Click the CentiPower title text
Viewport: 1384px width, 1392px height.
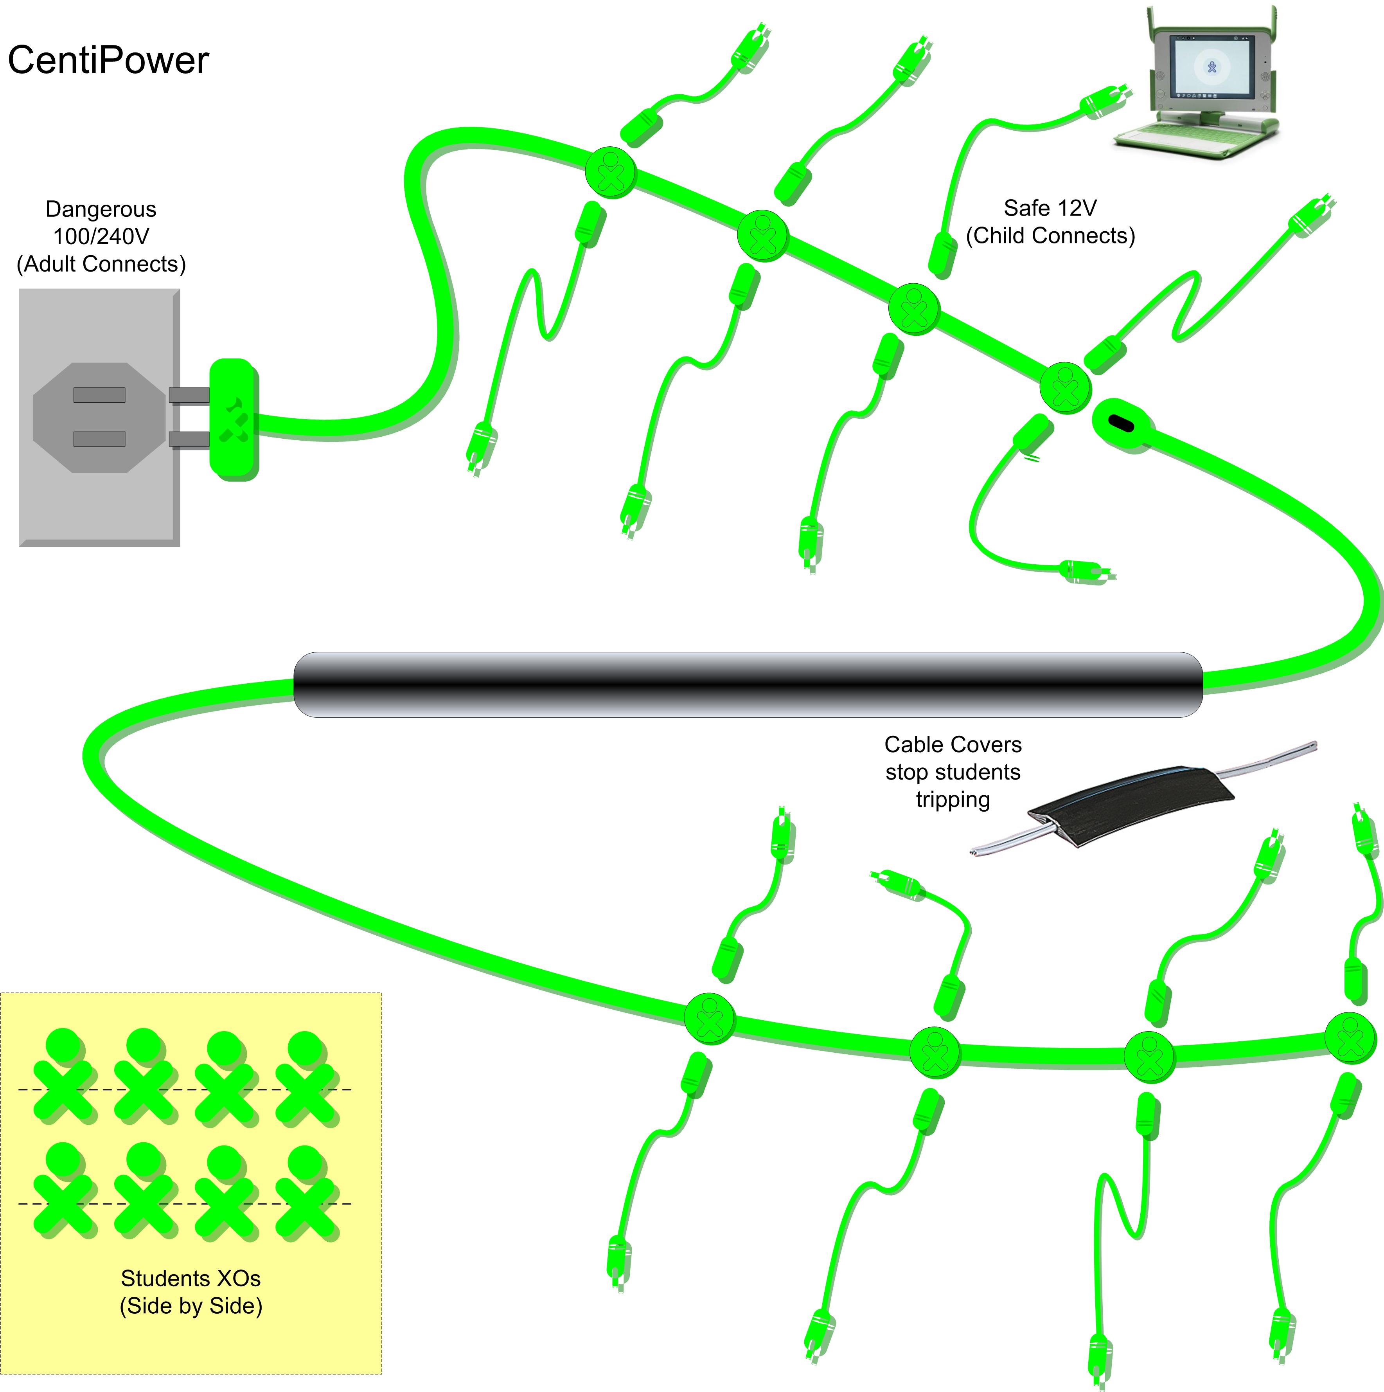pyautogui.click(x=108, y=60)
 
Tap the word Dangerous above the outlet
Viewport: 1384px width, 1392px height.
pyautogui.click(x=101, y=209)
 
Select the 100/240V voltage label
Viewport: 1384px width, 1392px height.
pyautogui.click(x=101, y=236)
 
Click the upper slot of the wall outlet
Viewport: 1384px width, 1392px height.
pyautogui.click(x=99, y=395)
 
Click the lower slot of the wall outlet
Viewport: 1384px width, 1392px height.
pyautogui.click(x=99, y=439)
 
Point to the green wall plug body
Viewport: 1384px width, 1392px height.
pyautogui.click(x=233, y=420)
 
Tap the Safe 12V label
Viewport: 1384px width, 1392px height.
pyautogui.click(x=1050, y=208)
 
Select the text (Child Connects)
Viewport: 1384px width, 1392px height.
pyautogui.click(x=1050, y=236)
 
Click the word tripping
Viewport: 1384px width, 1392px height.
pyautogui.click(x=953, y=800)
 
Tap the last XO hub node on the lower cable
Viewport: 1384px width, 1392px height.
pyautogui.click(x=1350, y=1037)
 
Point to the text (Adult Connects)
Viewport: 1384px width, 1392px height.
pyautogui.click(x=101, y=265)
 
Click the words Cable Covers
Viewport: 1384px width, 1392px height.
pyautogui.click(x=953, y=744)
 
